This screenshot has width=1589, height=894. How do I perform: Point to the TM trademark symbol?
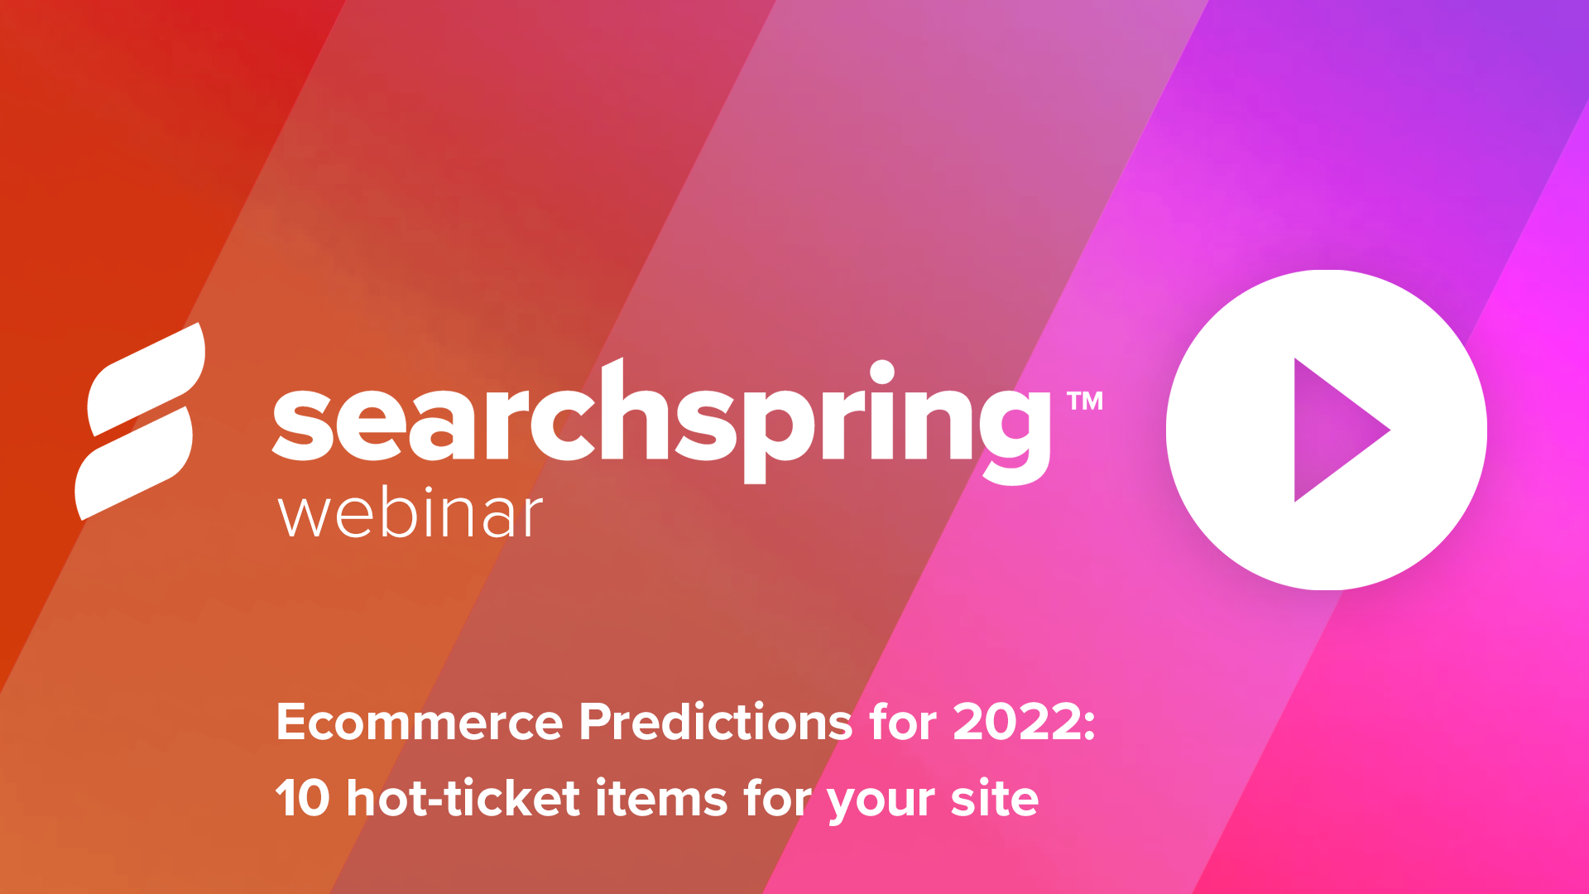(x=1085, y=401)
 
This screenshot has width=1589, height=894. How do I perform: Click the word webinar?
(x=410, y=515)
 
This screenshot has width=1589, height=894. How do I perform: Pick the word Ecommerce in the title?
(x=420, y=722)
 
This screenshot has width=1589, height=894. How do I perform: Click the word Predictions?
(x=716, y=722)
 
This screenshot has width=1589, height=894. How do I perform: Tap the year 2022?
(x=1016, y=722)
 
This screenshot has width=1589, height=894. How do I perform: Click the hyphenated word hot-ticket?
(x=463, y=799)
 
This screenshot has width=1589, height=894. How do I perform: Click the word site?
(x=994, y=799)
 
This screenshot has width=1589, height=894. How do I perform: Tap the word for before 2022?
(x=903, y=722)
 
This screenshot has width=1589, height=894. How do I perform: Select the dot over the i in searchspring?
(x=882, y=372)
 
